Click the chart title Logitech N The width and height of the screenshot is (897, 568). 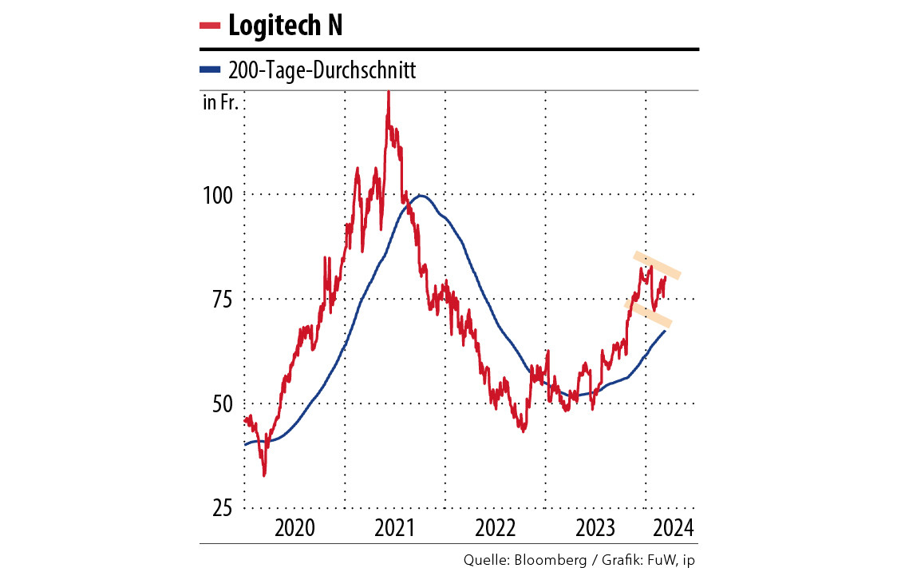coord(285,26)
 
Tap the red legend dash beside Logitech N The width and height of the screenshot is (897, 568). coord(210,26)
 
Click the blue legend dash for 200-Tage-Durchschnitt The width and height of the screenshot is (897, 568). coord(210,71)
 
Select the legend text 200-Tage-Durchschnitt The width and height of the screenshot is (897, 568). coord(322,71)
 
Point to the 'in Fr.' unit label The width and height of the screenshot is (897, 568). coord(220,103)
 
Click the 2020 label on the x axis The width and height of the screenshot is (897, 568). coord(294,527)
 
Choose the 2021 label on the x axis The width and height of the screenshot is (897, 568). coord(395,527)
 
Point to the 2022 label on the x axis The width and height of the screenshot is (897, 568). coord(496,527)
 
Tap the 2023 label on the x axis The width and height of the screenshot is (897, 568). coord(595,527)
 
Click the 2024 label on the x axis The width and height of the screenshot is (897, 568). coord(672,527)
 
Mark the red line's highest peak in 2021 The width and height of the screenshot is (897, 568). coord(388,93)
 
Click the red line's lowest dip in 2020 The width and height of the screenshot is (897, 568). coord(264,475)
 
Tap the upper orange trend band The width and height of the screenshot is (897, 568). coord(658,266)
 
